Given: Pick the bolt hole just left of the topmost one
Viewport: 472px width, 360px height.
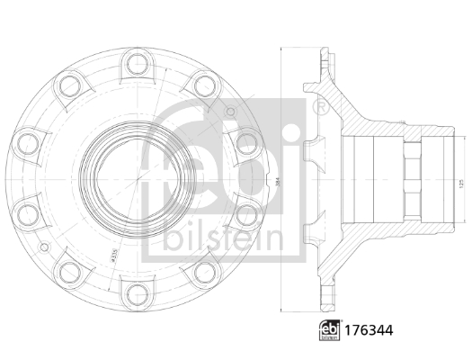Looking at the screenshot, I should point(68,88).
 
